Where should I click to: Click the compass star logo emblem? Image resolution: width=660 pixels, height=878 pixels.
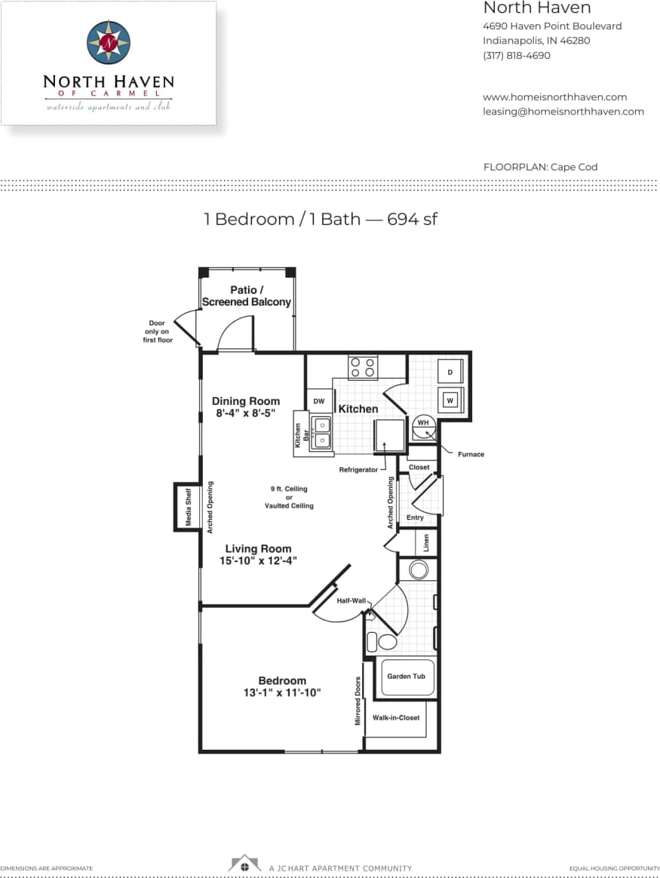pyautogui.click(x=109, y=43)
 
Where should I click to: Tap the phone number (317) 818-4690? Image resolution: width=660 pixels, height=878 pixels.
pyautogui.click(x=516, y=55)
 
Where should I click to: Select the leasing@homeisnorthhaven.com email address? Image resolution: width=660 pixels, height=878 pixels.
pyautogui.click(x=563, y=111)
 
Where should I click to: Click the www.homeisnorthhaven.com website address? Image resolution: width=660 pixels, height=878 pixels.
pyautogui.click(x=554, y=97)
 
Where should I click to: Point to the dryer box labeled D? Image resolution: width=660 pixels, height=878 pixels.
pyautogui.click(x=450, y=372)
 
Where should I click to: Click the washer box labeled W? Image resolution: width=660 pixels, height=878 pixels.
pyautogui.click(x=450, y=400)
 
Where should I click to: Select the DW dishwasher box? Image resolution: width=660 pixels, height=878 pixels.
pyautogui.click(x=318, y=401)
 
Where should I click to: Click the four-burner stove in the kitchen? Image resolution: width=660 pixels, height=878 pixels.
pyautogui.click(x=364, y=368)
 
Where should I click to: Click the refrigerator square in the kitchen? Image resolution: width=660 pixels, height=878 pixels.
pyautogui.click(x=390, y=435)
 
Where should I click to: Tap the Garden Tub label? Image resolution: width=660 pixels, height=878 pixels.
pyautogui.click(x=406, y=676)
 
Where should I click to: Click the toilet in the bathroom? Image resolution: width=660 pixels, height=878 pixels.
pyautogui.click(x=385, y=642)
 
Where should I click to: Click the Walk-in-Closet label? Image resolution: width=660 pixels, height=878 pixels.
pyautogui.click(x=396, y=717)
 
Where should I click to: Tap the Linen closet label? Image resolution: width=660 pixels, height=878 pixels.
pyautogui.click(x=425, y=542)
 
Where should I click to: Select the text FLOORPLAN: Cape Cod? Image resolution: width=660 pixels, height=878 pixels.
pyautogui.click(x=540, y=167)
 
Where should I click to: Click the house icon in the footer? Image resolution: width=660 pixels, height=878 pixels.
pyautogui.click(x=244, y=864)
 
